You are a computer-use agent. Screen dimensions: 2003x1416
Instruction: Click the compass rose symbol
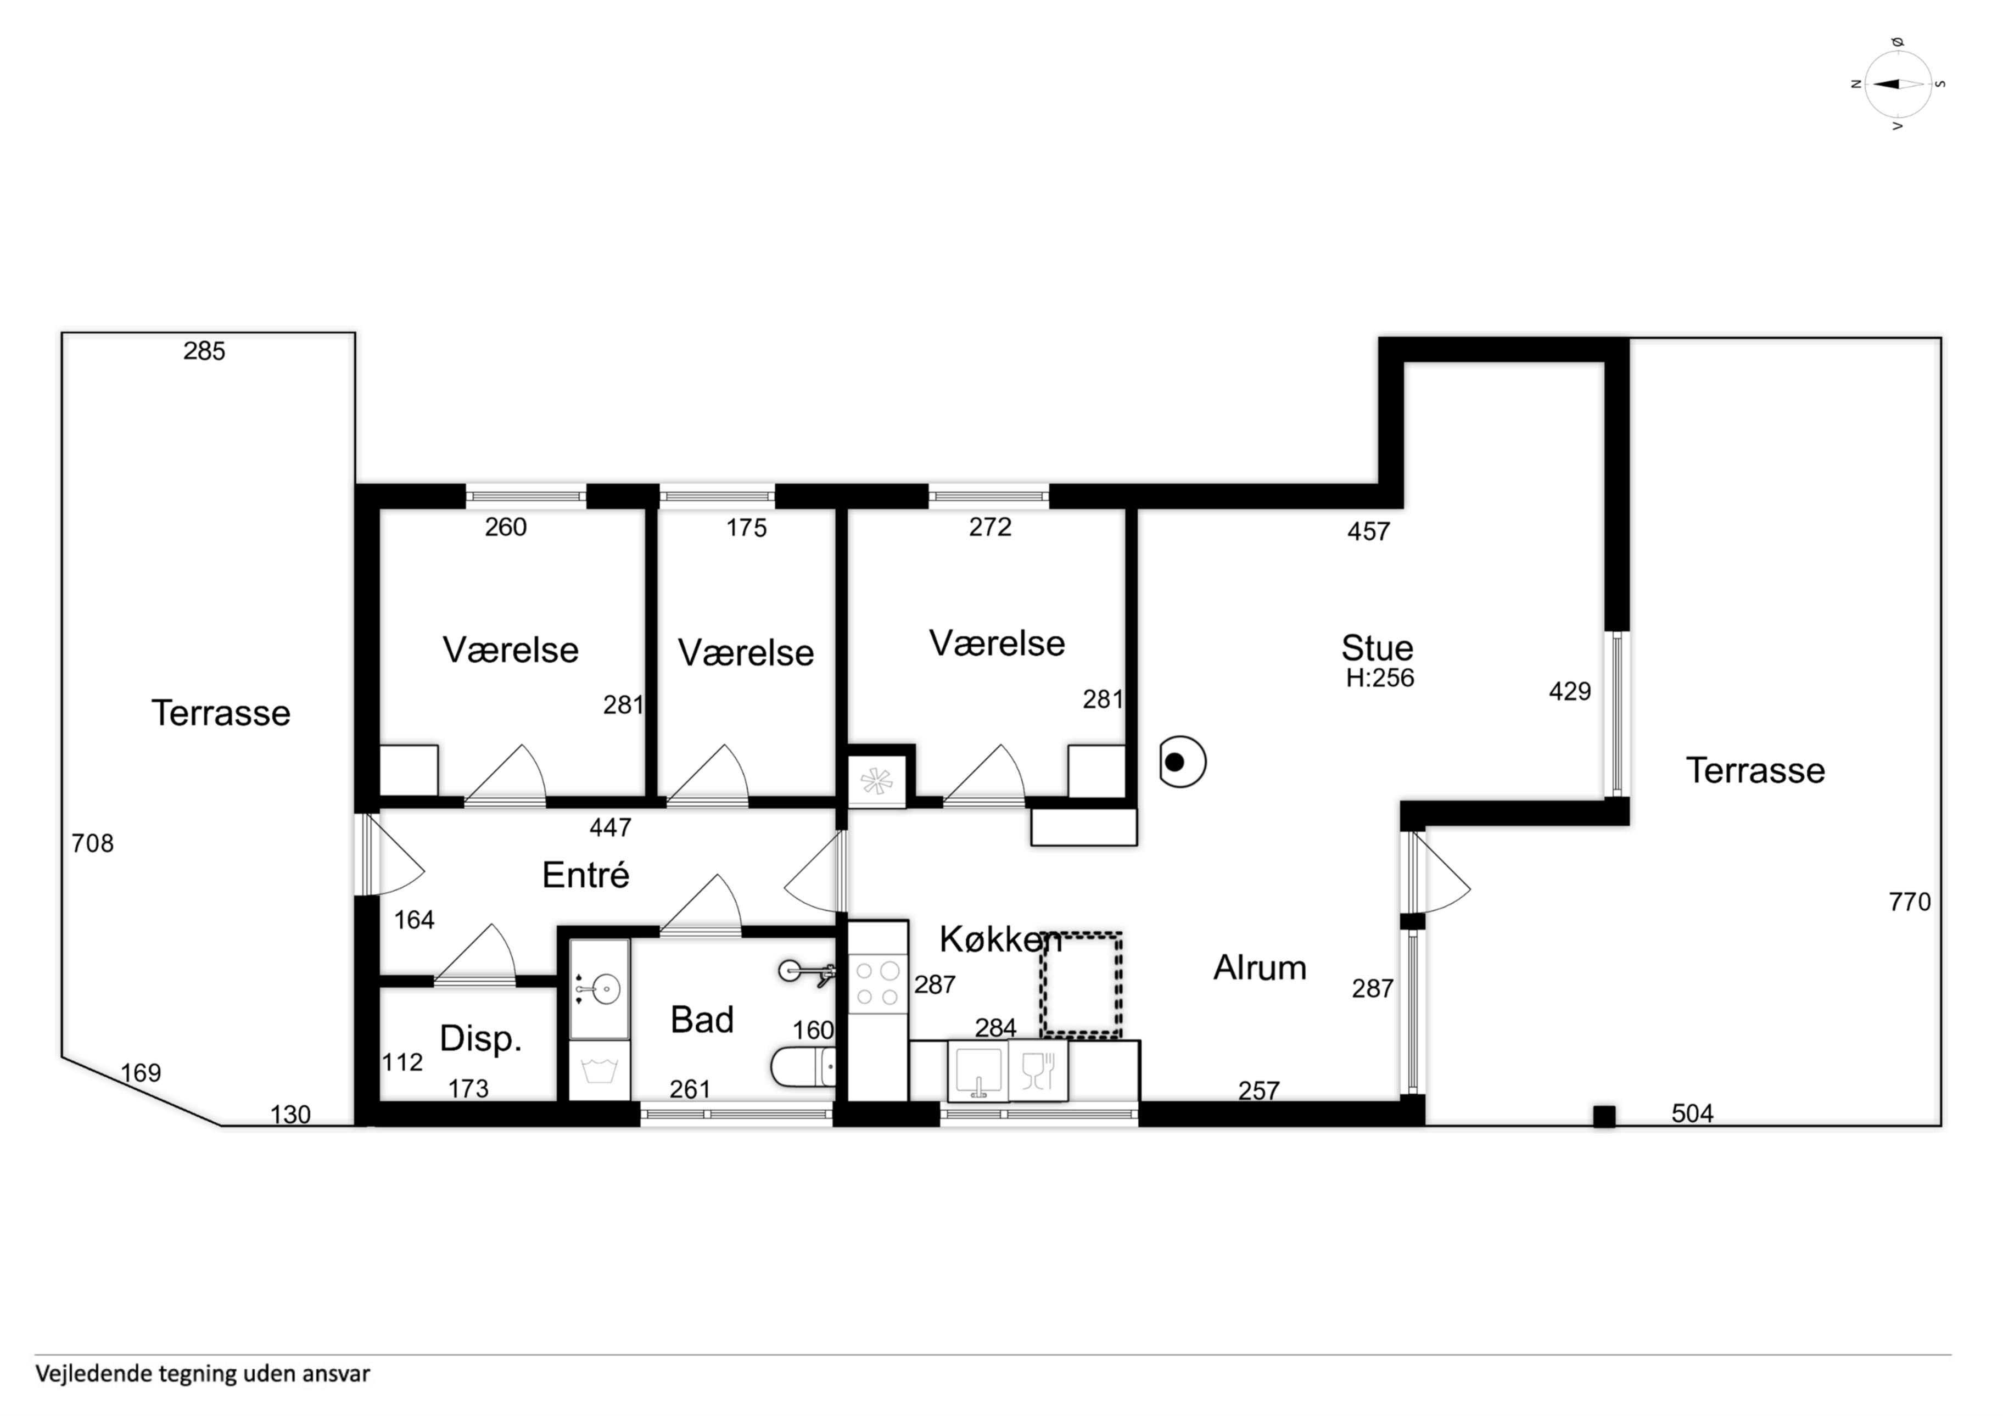pyautogui.click(x=1898, y=84)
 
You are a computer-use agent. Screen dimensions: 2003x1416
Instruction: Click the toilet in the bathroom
pyautogui.click(x=803, y=1066)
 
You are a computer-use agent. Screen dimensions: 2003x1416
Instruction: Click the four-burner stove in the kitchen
pyautogui.click(x=877, y=984)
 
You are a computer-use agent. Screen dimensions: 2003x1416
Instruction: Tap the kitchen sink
pyautogui.click(x=978, y=1071)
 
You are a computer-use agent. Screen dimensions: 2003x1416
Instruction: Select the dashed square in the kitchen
pyautogui.click(x=1080, y=985)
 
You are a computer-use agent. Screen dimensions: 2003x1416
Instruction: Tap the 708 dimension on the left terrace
pyautogui.click(x=92, y=844)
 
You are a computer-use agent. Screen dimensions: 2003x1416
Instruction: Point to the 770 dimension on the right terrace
pyautogui.click(x=1910, y=902)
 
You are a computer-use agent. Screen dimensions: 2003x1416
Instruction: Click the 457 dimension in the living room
pyautogui.click(x=1368, y=531)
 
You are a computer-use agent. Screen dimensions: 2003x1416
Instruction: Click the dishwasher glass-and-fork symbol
pyautogui.click(x=1038, y=1071)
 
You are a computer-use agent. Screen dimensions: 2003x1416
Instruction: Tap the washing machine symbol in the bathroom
pyautogui.click(x=600, y=1070)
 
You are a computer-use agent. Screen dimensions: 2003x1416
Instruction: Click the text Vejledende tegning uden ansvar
pyautogui.click(x=203, y=1374)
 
